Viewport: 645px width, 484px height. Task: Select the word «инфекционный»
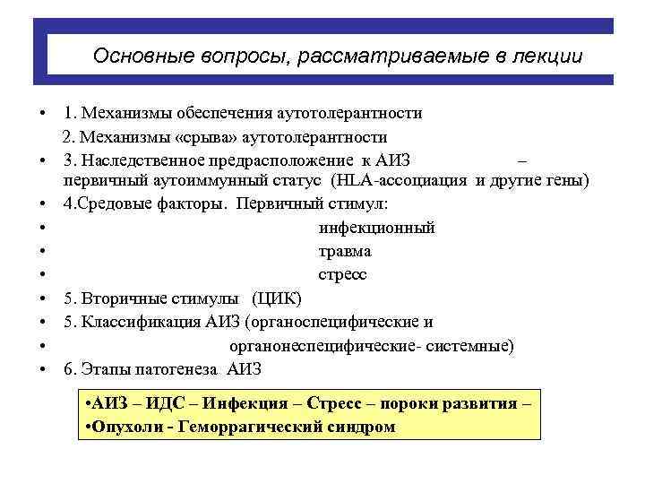point(377,228)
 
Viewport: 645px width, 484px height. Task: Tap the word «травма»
point(345,251)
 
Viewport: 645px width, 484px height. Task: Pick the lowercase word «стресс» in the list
point(342,274)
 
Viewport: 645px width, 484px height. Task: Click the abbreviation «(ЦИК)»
point(278,298)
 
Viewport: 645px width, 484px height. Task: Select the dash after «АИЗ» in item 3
point(524,160)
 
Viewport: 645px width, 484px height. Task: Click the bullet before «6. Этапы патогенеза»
point(42,368)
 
